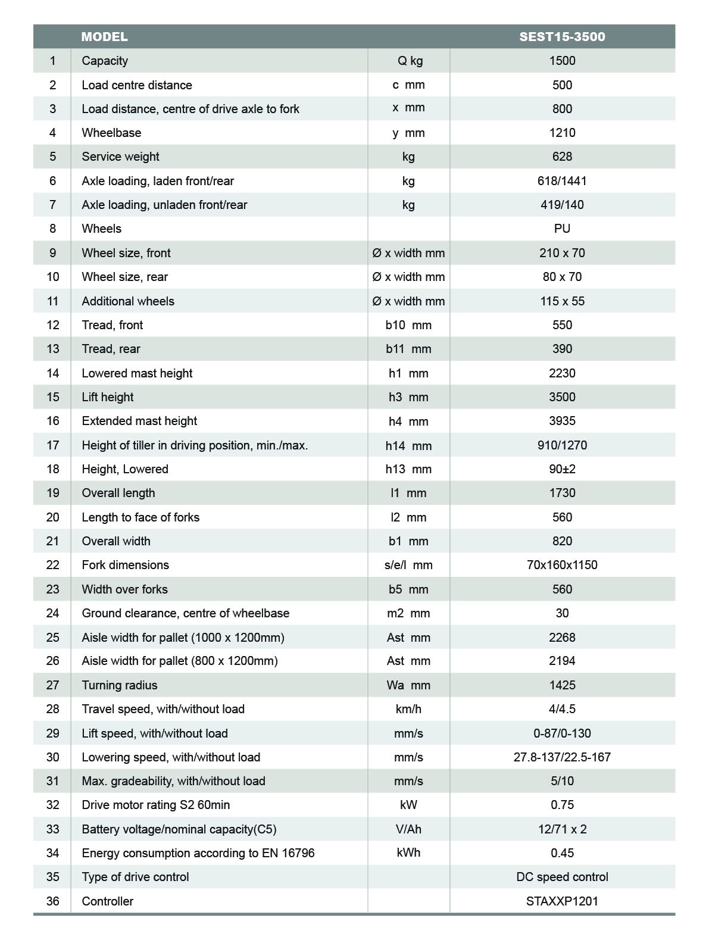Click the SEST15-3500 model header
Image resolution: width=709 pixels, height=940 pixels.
click(561, 37)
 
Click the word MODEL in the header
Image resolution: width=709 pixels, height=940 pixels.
click(104, 37)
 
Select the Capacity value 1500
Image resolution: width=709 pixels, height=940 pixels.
click(562, 61)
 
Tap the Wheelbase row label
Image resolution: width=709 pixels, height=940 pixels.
click(111, 133)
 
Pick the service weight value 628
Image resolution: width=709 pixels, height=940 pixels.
click(562, 157)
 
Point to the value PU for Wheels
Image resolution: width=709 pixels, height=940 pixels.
click(562, 229)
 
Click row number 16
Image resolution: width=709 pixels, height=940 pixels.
click(52, 421)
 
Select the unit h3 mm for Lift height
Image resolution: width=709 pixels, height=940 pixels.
click(408, 397)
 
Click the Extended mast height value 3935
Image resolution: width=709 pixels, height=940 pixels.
click(562, 421)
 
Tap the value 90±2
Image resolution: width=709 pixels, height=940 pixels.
click(562, 469)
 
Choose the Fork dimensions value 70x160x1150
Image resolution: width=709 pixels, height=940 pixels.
click(562, 565)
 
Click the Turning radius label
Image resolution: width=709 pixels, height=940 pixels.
click(120, 685)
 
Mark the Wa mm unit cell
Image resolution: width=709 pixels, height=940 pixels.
click(408, 685)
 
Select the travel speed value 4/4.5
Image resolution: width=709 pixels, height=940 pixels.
click(562, 709)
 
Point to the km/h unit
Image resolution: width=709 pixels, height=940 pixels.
click(408, 709)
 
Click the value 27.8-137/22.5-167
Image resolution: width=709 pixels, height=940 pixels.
click(562, 757)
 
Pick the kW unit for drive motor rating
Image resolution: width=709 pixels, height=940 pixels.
click(408, 805)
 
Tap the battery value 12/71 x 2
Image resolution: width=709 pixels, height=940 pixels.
click(562, 829)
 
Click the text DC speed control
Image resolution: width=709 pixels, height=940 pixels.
click(562, 877)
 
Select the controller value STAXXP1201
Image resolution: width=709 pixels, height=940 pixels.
click(562, 901)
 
